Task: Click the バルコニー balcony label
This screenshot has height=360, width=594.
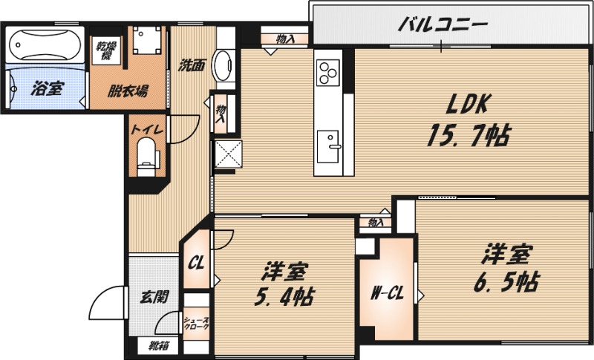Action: [443, 25]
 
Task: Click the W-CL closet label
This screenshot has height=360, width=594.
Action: [386, 292]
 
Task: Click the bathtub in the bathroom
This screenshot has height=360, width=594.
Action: [45, 45]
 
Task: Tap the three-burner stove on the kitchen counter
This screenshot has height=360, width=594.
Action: [327, 72]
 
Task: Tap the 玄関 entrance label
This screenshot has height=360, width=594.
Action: [154, 297]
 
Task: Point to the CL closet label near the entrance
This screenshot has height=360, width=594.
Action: [196, 263]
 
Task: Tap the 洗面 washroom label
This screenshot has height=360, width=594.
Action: [192, 65]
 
